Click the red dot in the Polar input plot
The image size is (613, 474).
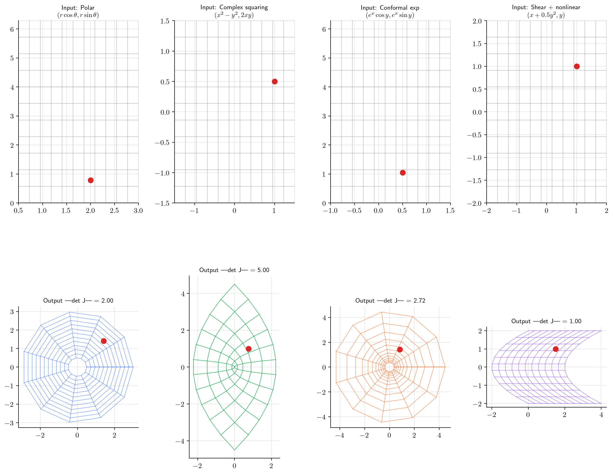[x=90, y=180]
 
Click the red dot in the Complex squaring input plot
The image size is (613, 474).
[x=275, y=82]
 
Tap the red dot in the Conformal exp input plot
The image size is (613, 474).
[x=402, y=173]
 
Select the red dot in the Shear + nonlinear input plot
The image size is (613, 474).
[x=576, y=67]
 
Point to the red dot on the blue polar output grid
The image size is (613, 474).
[x=104, y=341]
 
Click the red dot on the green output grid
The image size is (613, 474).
[x=248, y=349]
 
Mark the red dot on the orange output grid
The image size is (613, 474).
[x=400, y=349]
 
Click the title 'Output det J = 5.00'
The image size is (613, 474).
[x=234, y=270]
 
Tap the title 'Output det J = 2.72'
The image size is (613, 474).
[x=390, y=300]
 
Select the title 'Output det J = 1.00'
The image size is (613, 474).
[x=546, y=321]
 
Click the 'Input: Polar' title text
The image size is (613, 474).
[x=78, y=8]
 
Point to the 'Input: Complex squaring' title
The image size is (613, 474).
[x=234, y=7]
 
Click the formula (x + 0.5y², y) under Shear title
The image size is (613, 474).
[x=546, y=15]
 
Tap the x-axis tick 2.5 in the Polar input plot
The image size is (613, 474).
[x=114, y=210]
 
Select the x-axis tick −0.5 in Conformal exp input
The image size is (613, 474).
[x=354, y=210]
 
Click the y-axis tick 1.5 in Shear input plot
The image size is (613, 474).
[x=477, y=44]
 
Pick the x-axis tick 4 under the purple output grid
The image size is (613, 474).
[x=601, y=415]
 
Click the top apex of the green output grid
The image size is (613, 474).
[x=235, y=284]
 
